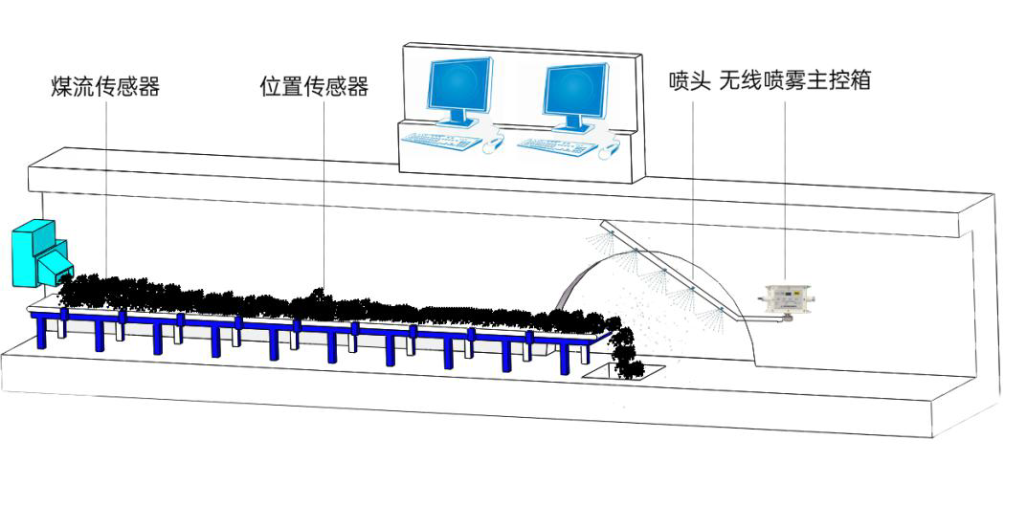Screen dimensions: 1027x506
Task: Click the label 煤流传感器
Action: [105, 86]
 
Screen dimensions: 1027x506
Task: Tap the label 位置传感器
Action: [314, 86]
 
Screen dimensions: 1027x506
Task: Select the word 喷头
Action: [690, 81]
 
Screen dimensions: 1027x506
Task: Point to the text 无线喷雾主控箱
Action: [795, 81]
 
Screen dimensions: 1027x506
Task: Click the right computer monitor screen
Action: [574, 89]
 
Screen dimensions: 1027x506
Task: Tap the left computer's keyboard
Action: [441, 140]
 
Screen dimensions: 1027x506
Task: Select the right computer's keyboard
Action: [557, 145]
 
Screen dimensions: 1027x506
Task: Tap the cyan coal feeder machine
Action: [40, 253]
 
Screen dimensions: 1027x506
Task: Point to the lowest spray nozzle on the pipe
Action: [719, 310]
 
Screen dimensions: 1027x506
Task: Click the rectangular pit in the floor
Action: [623, 372]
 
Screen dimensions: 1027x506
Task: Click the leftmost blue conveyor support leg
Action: [42, 331]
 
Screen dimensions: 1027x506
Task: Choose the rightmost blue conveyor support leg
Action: [565, 357]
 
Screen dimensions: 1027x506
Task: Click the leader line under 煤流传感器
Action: [106, 187]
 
